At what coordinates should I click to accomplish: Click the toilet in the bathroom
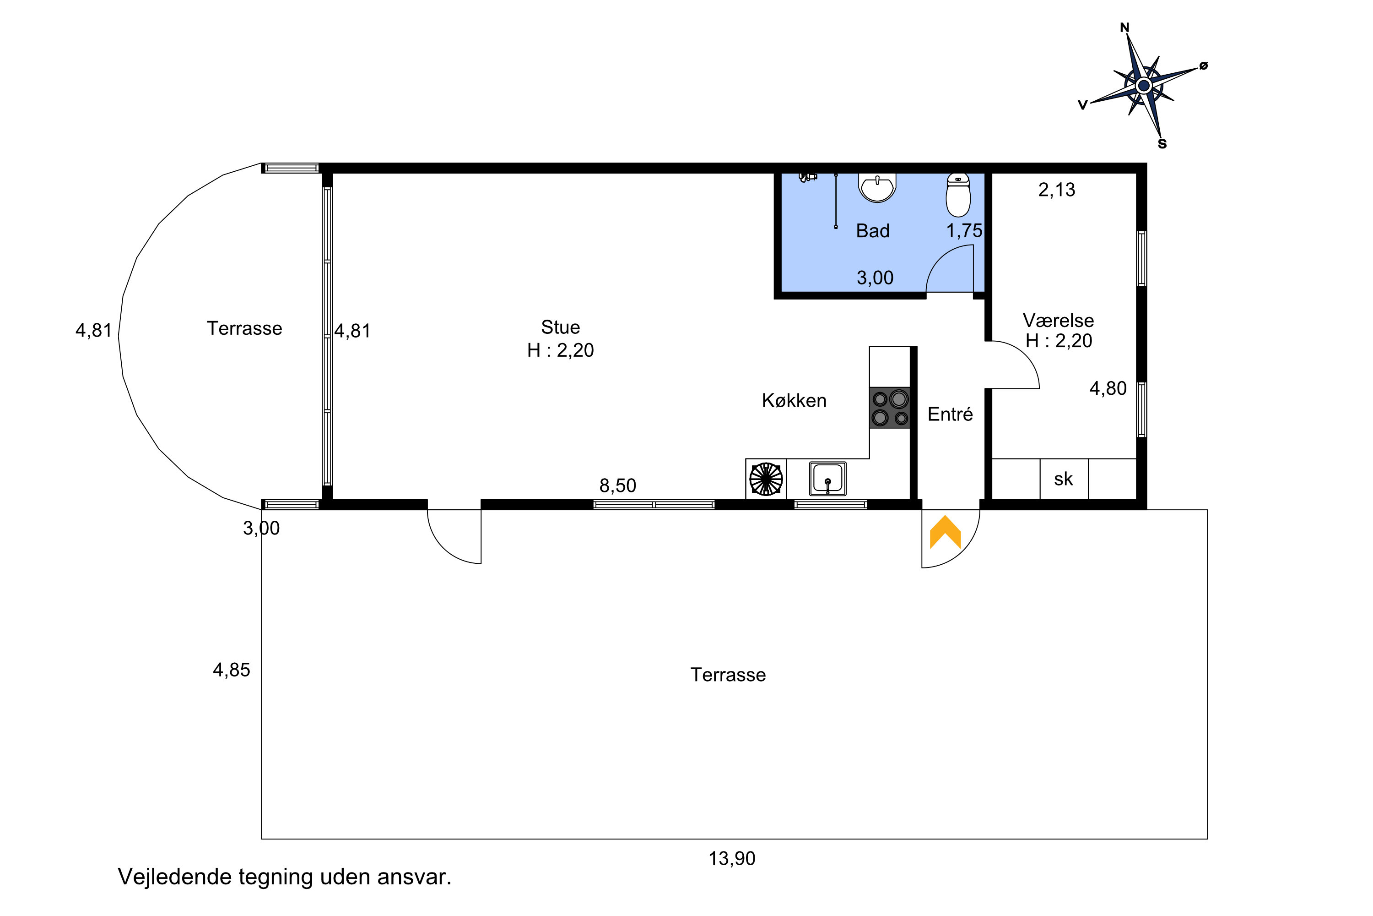pyautogui.click(x=958, y=195)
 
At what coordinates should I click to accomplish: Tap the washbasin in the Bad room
pyautogui.click(x=877, y=187)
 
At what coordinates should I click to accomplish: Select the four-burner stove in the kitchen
pyautogui.click(x=890, y=408)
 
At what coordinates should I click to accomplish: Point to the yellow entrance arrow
pyautogui.click(x=945, y=532)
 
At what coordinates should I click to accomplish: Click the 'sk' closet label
pyautogui.click(x=1063, y=479)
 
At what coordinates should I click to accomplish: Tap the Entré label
pyautogui.click(x=951, y=414)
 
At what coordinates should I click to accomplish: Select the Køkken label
pyautogui.click(x=794, y=400)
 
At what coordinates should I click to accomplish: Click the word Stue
pyautogui.click(x=560, y=327)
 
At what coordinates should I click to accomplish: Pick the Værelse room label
pyautogui.click(x=1058, y=320)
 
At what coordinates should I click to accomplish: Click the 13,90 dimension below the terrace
pyautogui.click(x=732, y=858)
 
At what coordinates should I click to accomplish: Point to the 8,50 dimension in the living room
pyautogui.click(x=617, y=485)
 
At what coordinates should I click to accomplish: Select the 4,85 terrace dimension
pyautogui.click(x=232, y=670)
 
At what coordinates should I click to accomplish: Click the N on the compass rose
pyautogui.click(x=1125, y=27)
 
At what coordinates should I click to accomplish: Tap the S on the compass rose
pyautogui.click(x=1162, y=144)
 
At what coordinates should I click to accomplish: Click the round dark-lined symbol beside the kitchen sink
pyautogui.click(x=766, y=479)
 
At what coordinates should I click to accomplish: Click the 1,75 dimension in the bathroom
pyautogui.click(x=964, y=231)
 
